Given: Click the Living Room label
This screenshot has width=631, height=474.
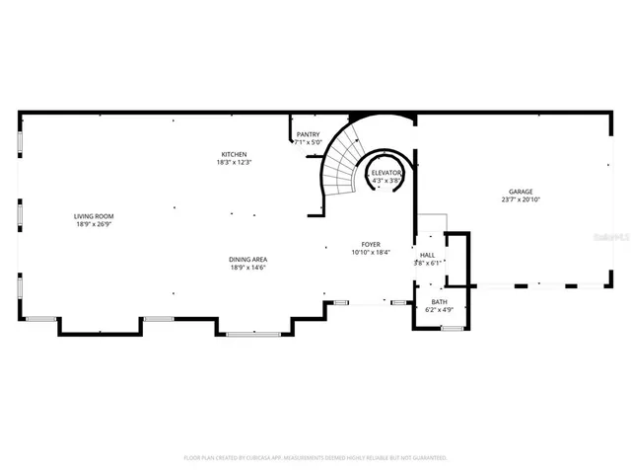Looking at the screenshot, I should point(95,215).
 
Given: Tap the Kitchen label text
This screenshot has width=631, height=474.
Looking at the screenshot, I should point(234,154).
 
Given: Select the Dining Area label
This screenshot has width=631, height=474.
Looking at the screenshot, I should point(248,260).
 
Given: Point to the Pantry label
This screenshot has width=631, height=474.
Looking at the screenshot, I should point(308,134).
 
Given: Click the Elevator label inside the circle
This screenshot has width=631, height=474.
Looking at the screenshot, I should point(386,173).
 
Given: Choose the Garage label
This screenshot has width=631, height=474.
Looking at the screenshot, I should point(521,192).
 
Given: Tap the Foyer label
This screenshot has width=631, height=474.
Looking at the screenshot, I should point(371,244).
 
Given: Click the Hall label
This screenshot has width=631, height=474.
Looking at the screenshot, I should point(428,255).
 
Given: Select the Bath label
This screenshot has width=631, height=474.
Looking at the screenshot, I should point(439,302).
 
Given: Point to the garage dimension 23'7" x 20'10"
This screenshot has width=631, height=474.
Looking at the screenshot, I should point(521,200).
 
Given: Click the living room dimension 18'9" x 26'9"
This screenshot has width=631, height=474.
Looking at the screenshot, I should point(95,224).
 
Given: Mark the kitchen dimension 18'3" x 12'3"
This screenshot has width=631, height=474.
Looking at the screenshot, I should point(234,162).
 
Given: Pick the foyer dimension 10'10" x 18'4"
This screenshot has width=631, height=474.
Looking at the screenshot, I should point(371,252).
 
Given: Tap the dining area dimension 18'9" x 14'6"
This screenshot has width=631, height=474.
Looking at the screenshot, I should point(248,268).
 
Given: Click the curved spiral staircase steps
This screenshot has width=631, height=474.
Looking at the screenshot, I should point(342,163).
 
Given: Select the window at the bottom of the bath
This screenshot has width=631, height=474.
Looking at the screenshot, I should point(453,328).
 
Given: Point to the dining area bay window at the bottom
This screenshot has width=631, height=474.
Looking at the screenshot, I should point(254,335).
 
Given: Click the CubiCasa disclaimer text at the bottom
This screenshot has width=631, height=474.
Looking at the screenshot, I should point(315,458).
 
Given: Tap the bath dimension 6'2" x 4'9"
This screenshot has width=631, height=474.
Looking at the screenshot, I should point(439,310).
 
